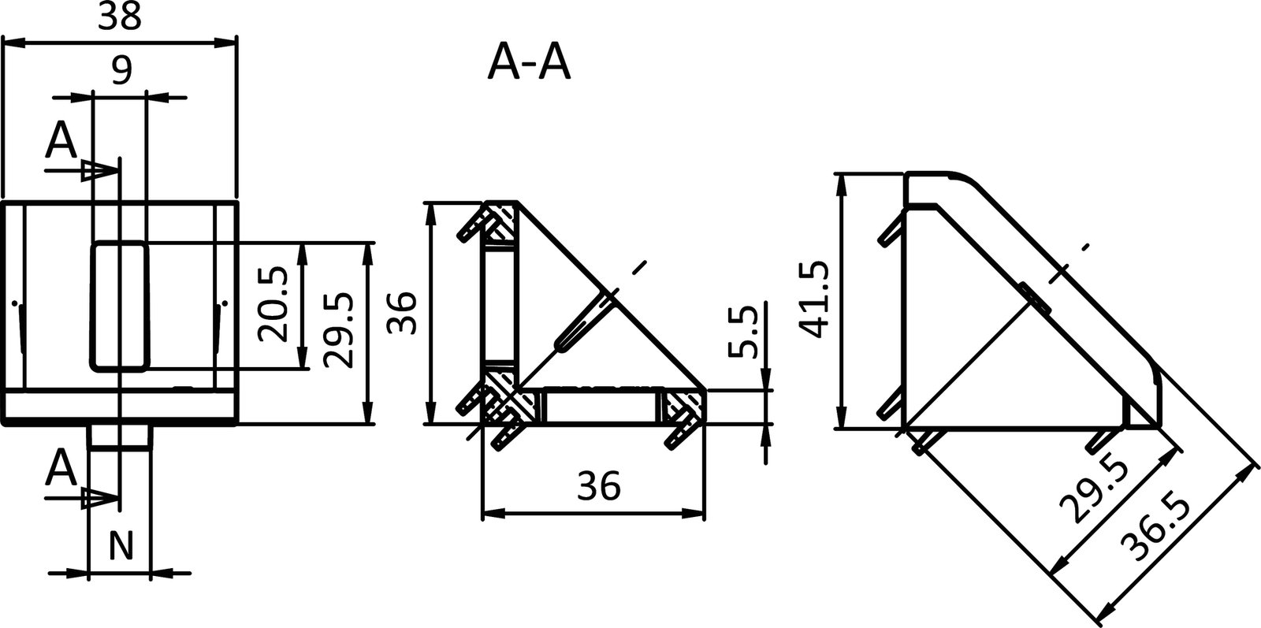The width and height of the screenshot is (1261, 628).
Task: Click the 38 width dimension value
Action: [x=120, y=17]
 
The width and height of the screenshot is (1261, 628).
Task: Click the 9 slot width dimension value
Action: [x=120, y=72]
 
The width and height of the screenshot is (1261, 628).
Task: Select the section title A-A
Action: [x=529, y=63]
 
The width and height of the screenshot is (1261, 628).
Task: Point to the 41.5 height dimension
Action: [x=813, y=299]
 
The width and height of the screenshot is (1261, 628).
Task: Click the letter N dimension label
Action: [x=119, y=545]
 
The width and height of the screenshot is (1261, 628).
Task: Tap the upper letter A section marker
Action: [x=61, y=141]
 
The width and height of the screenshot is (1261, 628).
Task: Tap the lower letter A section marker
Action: [x=61, y=470]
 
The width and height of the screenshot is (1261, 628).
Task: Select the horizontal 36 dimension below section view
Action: [x=598, y=486]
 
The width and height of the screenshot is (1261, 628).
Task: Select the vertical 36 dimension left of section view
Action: [x=404, y=313]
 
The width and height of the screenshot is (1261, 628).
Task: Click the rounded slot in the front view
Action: [x=120, y=306]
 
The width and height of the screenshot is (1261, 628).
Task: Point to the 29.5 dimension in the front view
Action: [x=337, y=331]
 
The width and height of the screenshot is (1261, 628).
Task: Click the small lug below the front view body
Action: [x=119, y=437]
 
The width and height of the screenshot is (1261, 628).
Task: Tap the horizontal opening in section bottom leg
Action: [x=599, y=407]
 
